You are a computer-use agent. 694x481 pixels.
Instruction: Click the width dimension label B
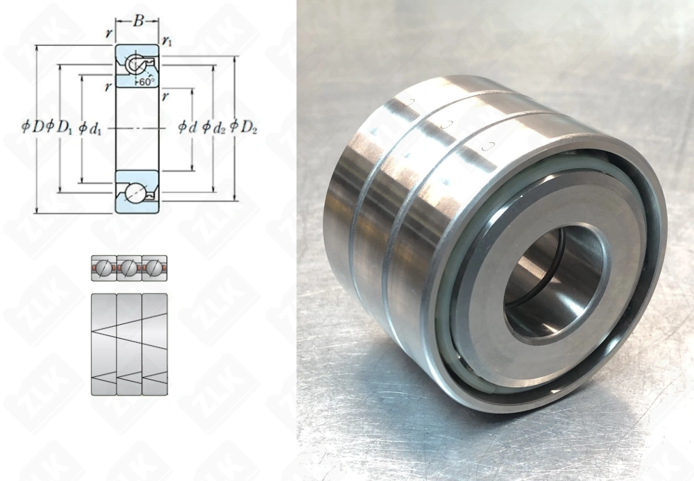click(x=138, y=21)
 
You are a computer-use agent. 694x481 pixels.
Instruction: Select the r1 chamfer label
click(x=167, y=42)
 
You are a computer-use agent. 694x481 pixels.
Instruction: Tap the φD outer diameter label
click(x=33, y=126)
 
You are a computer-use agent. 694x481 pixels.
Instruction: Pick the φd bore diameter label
click(x=187, y=127)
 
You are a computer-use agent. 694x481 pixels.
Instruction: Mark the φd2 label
click(x=214, y=127)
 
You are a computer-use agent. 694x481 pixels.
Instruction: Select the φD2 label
click(x=244, y=127)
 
